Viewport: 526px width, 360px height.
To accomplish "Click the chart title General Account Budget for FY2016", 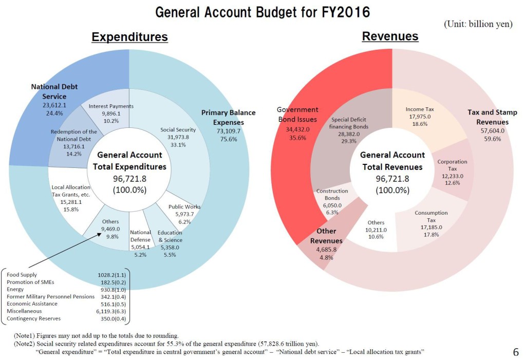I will (x=262, y=12).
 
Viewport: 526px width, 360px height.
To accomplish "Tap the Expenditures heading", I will (x=129, y=37).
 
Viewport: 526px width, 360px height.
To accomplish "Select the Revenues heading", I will (x=390, y=36).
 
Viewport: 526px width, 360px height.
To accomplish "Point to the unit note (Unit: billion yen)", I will (x=478, y=24).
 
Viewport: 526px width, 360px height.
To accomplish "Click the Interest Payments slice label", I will (x=111, y=106).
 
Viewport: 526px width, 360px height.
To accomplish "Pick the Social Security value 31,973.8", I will (x=178, y=137).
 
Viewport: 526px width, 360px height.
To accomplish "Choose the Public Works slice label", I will (x=184, y=207).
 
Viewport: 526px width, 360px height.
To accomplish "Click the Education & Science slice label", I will (x=170, y=236).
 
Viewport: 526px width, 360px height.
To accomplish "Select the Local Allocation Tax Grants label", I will (x=71, y=191).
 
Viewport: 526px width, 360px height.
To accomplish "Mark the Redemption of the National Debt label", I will (x=73, y=136).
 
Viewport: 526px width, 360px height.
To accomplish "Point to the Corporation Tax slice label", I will (x=452, y=165).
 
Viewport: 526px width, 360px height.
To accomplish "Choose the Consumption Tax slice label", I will (x=431, y=216).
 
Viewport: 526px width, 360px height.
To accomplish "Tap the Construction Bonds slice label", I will (x=332, y=195).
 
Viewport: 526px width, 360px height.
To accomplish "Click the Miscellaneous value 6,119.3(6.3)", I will (x=111, y=311).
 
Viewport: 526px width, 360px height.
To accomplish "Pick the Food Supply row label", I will (x=22, y=275).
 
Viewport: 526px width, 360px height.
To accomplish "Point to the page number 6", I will (x=515, y=352).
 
